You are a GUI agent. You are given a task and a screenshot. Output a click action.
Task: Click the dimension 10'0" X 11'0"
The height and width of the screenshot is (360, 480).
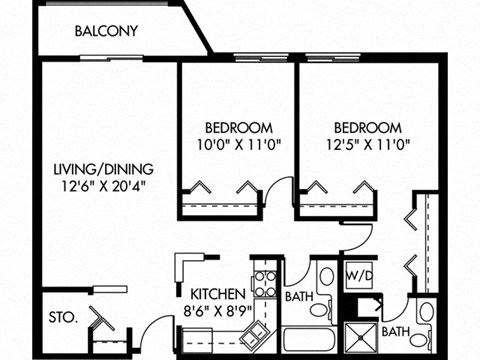point(239,144)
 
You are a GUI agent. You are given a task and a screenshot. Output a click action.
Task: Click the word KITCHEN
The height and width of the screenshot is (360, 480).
point(218,294)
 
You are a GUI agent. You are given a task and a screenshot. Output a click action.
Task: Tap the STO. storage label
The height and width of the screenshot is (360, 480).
point(63,321)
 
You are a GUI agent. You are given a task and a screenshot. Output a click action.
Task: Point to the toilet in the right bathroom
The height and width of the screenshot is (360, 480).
point(425,312)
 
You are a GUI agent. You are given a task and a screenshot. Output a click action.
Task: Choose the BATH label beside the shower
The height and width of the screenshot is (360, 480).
point(396,331)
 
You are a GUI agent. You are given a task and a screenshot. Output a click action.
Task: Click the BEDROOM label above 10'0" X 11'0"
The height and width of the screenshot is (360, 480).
point(239,128)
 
